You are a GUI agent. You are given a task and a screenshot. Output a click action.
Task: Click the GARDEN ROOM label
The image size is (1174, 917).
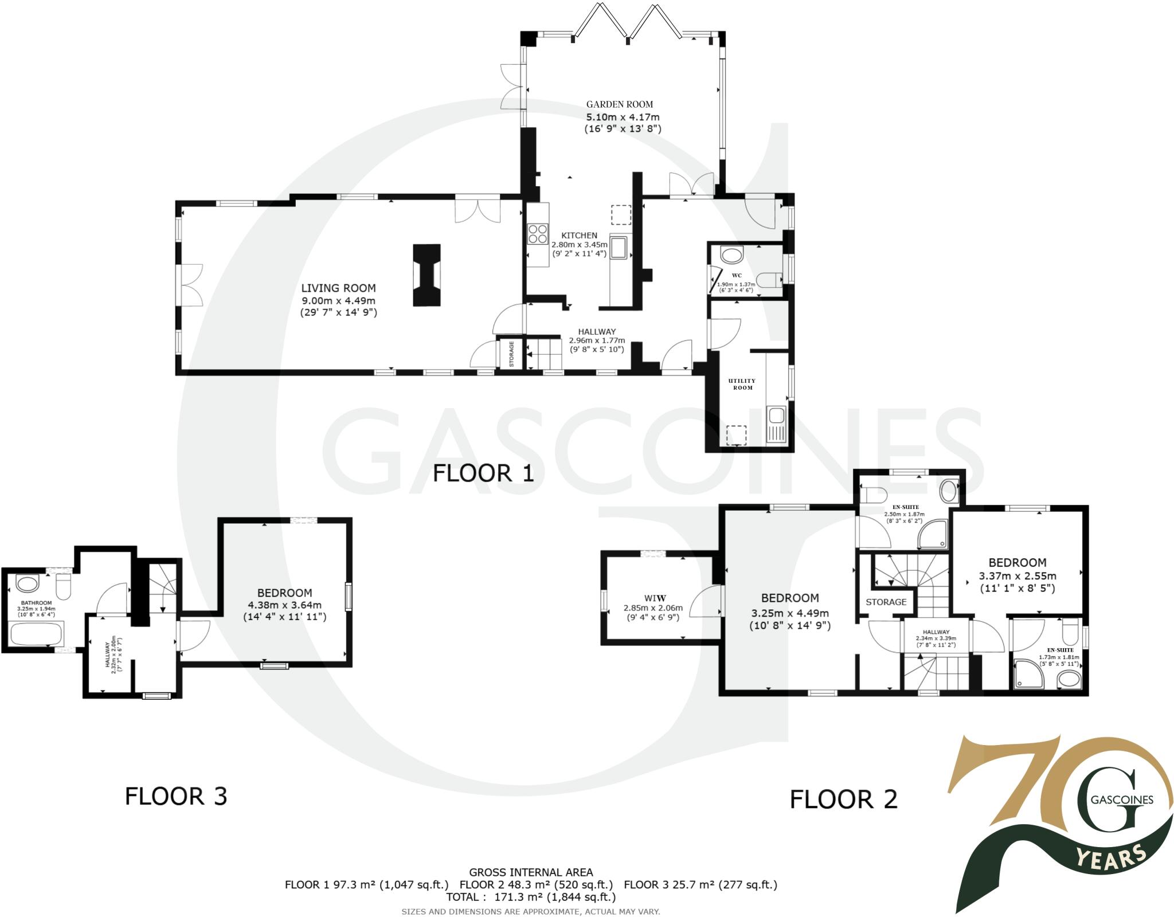pos(619,104)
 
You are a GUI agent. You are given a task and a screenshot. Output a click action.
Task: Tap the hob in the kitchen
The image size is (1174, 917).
pos(537,234)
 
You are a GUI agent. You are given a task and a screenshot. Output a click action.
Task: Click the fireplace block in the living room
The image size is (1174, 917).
pos(427,275)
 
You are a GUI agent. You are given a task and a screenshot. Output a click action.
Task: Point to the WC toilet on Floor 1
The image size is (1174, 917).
pos(768,280)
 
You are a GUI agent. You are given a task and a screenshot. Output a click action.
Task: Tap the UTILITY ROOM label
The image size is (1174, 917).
pos(742,384)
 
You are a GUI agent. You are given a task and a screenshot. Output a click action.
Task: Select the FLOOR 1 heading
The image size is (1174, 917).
pos(483,473)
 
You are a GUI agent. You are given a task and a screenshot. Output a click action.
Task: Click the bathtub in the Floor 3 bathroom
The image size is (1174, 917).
pos(36,634)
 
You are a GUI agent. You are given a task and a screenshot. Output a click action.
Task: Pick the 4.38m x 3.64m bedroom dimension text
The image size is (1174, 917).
pos(284,605)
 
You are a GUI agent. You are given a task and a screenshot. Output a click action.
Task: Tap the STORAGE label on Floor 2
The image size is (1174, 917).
pos(886,602)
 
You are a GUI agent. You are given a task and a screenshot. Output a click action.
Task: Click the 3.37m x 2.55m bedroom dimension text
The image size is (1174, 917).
pos(1017,576)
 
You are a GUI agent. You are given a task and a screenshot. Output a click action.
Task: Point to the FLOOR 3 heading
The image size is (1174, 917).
pos(176,797)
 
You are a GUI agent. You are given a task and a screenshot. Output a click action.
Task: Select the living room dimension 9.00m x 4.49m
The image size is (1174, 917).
pos(338,301)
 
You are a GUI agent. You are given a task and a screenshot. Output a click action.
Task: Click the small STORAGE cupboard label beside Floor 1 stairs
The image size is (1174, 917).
pos(512,354)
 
